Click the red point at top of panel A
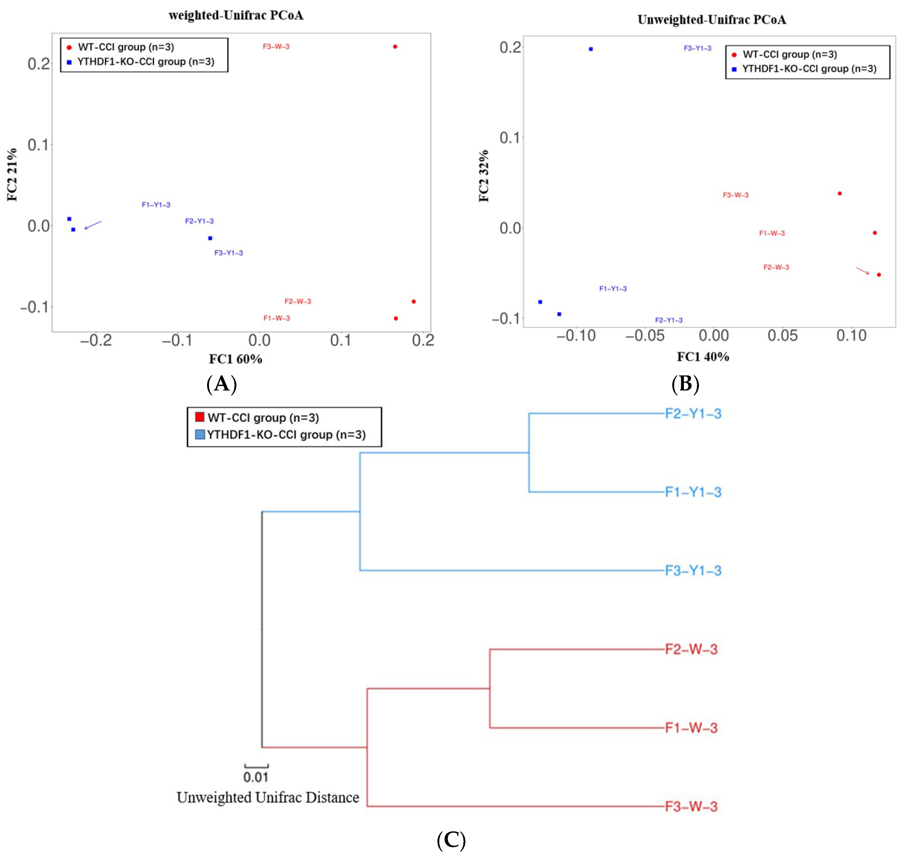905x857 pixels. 395,46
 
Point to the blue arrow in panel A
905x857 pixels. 93,225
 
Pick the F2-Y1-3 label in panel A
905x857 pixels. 199,221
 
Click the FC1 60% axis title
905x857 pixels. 236,359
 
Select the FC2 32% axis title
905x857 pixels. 484,176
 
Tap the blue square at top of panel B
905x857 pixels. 591,49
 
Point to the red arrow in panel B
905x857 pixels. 863,271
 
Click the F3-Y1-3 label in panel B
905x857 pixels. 697,48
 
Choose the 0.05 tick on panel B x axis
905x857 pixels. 782,336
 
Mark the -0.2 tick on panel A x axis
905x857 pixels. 96,340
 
